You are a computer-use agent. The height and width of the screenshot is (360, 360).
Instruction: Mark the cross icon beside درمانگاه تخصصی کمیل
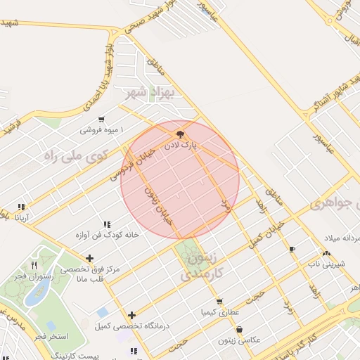tap(131, 315)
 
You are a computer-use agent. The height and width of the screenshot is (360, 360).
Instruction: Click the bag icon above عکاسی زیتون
tap(240, 328)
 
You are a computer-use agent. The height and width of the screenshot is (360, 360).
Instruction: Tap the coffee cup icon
tap(292, 249)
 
